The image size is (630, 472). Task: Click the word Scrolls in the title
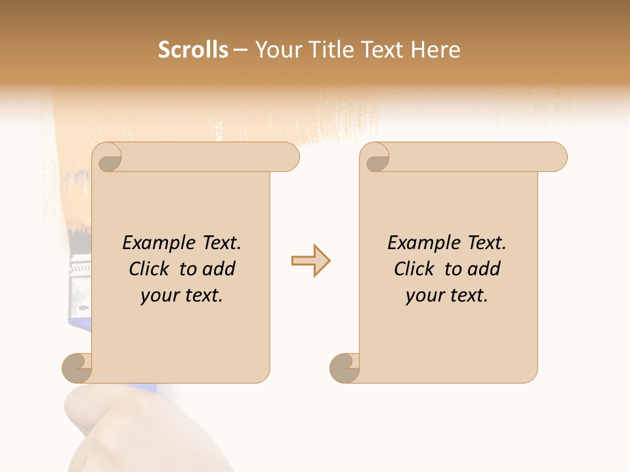tap(193, 49)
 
